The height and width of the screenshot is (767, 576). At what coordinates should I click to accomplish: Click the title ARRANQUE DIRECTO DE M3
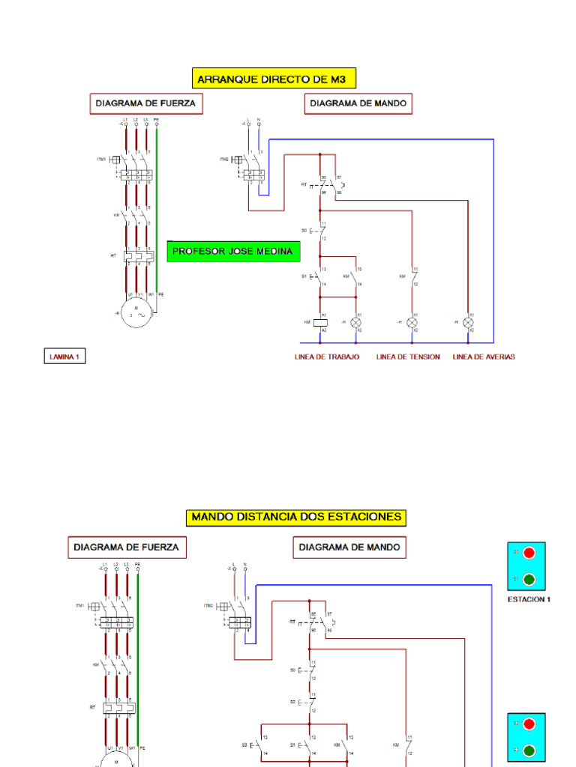(273, 78)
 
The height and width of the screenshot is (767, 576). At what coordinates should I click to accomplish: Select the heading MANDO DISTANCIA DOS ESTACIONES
(297, 517)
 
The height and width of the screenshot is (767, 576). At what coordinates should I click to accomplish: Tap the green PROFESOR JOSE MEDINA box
(233, 252)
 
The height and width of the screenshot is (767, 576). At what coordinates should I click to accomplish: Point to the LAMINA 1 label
(63, 357)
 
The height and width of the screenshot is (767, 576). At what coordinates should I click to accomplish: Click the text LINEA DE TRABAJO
(327, 357)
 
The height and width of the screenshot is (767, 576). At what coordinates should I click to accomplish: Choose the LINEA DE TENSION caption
(408, 357)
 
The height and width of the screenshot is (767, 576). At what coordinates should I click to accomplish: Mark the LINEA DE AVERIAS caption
(484, 357)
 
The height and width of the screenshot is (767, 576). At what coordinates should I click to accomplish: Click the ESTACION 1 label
(529, 599)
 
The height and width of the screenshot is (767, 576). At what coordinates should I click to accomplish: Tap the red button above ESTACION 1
(529, 554)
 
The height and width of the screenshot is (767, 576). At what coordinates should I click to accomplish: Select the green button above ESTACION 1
(529, 579)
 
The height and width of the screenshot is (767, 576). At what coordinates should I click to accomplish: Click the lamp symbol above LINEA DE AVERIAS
(469, 322)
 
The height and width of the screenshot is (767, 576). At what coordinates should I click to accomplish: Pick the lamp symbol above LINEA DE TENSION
(412, 322)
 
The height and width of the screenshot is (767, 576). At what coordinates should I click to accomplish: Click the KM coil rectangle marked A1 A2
(321, 322)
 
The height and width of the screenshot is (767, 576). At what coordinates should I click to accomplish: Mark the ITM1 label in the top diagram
(101, 160)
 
